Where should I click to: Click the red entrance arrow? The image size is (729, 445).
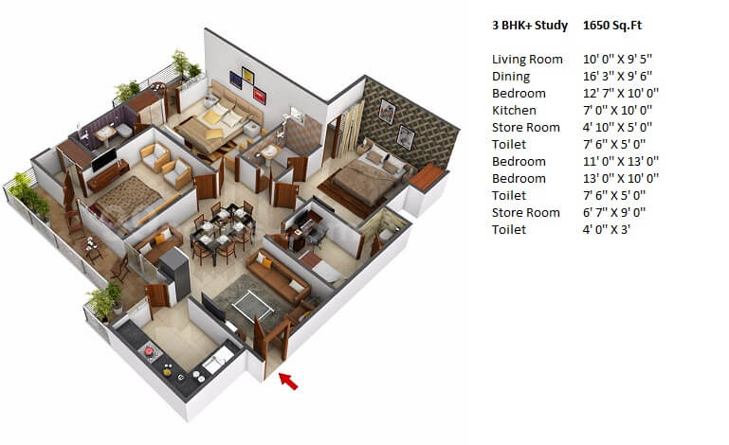tap(288, 381)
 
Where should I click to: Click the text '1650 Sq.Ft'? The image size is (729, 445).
tap(614, 26)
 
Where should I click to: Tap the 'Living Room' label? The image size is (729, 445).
tap(527, 60)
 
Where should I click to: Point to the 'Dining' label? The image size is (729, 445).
tap(511, 77)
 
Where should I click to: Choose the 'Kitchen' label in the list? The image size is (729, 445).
tap(514, 111)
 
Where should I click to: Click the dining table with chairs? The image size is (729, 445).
tap(216, 230)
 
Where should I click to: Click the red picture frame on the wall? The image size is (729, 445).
tap(260, 94)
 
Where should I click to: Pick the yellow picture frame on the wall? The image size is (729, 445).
tap(248, 75)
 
